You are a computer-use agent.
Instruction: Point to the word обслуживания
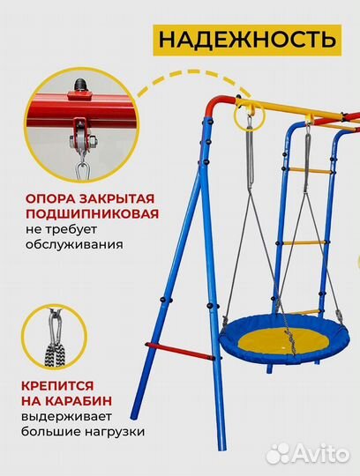click(73, 246)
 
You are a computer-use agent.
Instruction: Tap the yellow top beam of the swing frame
click(291, 110)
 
